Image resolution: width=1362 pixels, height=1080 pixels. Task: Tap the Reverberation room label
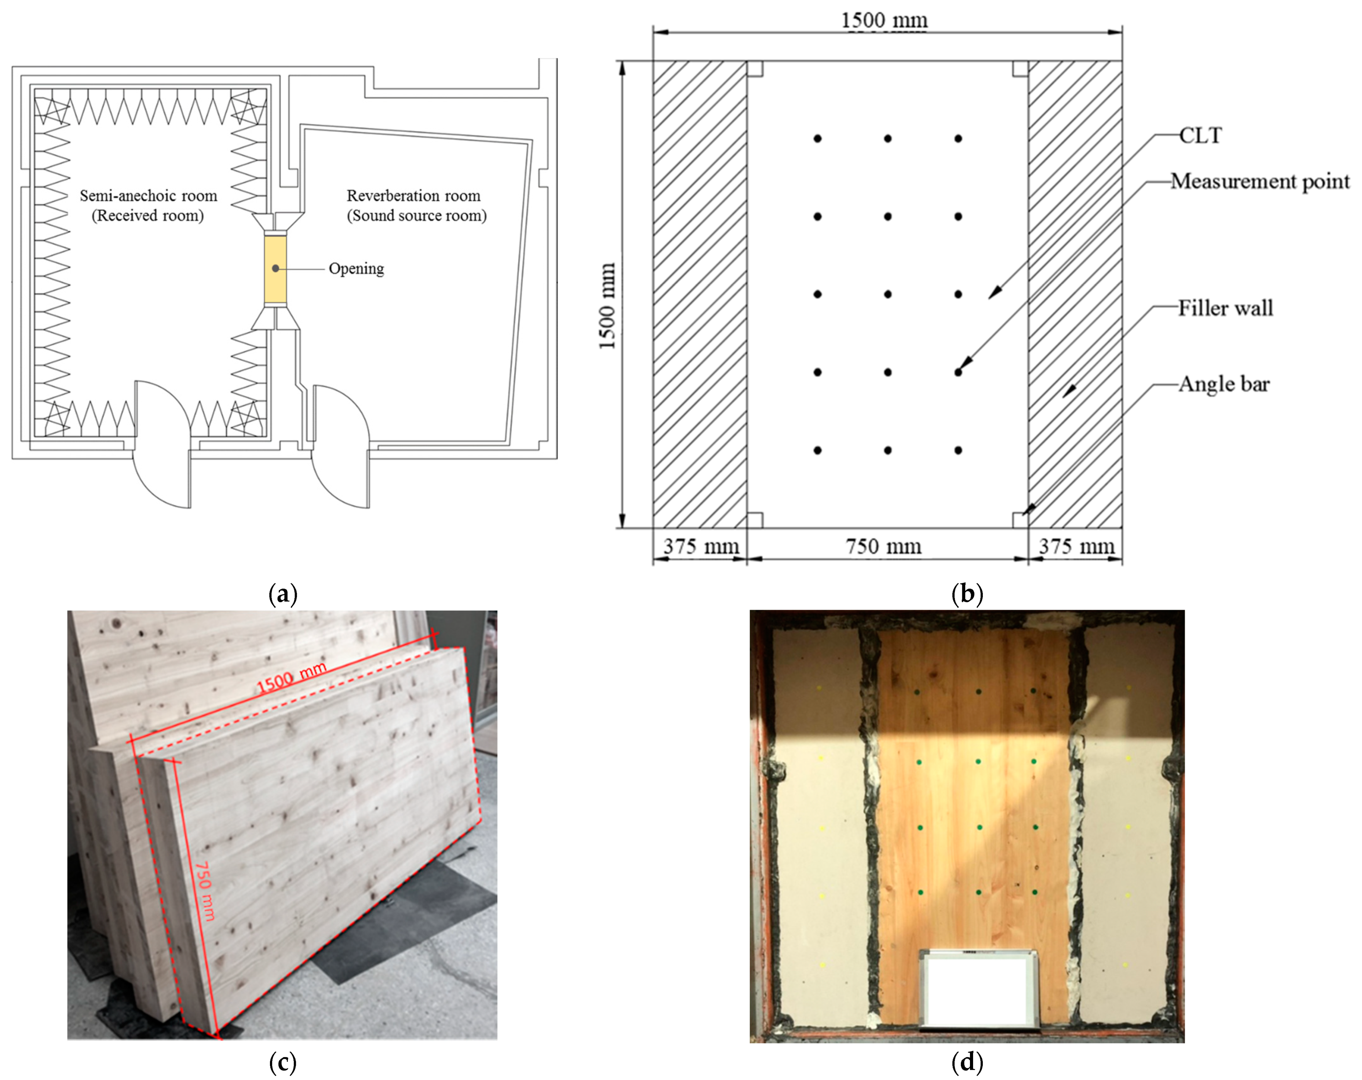[414, 196]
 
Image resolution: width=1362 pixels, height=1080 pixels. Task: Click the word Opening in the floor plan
[356, 269]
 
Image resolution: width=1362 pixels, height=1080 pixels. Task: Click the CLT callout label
[1200, 136]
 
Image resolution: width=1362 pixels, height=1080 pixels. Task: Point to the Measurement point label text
[1259, 181]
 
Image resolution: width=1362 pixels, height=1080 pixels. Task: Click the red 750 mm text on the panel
[205, 891]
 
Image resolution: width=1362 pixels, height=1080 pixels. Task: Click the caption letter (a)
[283, 594]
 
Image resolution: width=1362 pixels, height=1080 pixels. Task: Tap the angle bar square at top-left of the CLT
[755, 68]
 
